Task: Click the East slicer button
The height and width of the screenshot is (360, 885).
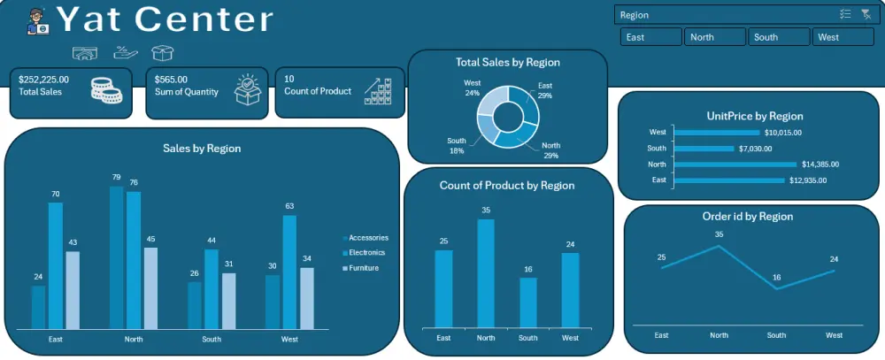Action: coord(651,37)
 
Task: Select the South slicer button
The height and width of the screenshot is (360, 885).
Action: coord(779,37)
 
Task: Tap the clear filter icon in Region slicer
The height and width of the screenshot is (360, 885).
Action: coord(866,14)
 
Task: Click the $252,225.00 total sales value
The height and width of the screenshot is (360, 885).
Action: coord(43,79)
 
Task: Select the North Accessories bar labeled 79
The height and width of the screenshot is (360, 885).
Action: coord(116,257)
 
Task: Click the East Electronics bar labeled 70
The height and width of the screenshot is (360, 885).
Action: coord(56,265)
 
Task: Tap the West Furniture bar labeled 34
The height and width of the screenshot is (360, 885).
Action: coord(307,298)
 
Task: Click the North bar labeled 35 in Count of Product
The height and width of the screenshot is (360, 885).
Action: coord(486,274)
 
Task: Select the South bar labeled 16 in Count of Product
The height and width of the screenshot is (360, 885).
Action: coord(527,303)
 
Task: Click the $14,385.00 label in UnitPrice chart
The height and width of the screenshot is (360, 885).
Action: coord(820,164)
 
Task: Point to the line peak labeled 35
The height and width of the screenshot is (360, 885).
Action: coord(719,246)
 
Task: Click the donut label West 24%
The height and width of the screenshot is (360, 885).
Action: coord(472,88)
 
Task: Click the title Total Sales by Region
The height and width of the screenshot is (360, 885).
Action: coord(507,63)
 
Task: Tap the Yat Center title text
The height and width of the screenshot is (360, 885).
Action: coord(165,19)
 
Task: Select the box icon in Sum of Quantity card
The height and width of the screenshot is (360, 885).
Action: coord(250,91)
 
